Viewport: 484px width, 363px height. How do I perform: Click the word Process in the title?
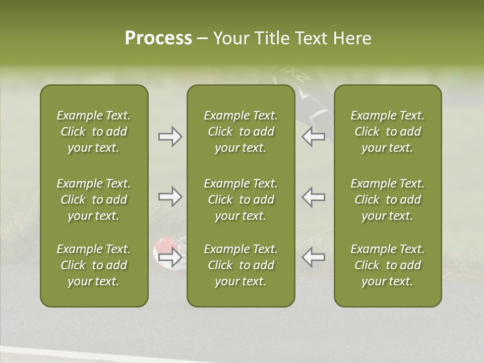(x=158, y=38)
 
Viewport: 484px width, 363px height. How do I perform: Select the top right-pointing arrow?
(x=170, y=137)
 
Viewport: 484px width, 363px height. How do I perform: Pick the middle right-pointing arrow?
(x=170, y=197)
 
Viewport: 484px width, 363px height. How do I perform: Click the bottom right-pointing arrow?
(x=170, y=257)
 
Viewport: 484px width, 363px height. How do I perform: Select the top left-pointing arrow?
(x=313, y=137)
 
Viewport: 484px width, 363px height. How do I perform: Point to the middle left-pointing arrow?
(x=313, y=197)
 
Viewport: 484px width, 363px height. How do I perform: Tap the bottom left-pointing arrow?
(x=313, y=257)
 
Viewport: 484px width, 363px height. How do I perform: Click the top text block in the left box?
(x=94, y=132)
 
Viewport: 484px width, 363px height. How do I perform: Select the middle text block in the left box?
(x=94, y=200)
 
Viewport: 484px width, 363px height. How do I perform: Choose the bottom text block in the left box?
(x=94, y=265)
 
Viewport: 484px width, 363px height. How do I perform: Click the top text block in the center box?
(x=241, y=132)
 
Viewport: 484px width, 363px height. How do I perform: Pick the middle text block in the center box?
(x=241, y=200)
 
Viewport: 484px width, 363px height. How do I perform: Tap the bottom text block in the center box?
(x=241, y=265)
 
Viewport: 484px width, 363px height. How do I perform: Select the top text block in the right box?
(x=388, y=132)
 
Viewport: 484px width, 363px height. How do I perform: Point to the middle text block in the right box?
(x=388, y=200)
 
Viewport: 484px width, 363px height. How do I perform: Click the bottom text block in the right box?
(x=388, y=265)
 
